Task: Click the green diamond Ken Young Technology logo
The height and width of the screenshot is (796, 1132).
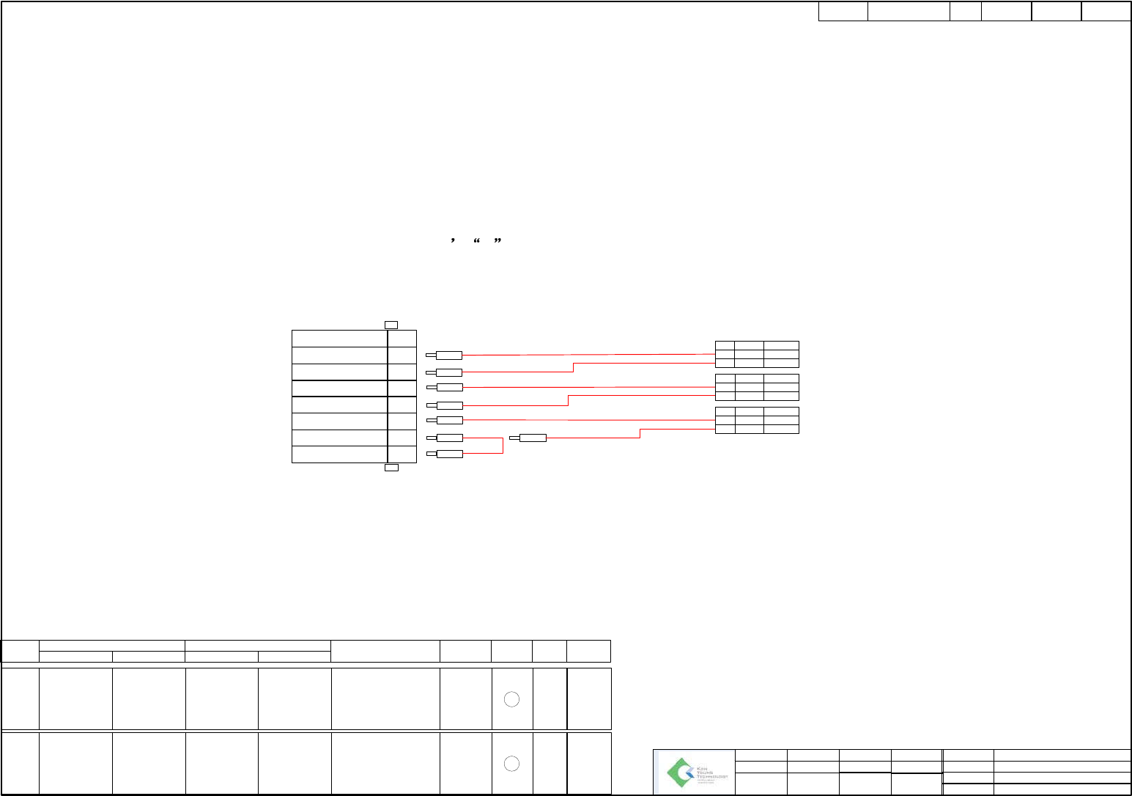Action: click(680, 773)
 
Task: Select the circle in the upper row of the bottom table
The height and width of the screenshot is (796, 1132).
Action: click(512, 699)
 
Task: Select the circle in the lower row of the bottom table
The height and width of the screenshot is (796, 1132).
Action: click(512, 764)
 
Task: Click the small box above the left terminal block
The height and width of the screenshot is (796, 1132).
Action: click(391, 325)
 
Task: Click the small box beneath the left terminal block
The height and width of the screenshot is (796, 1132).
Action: click(391, 468)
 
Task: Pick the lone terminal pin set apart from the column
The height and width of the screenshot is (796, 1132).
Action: click(533, 438)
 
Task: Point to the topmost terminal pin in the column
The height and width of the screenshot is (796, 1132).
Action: click(448, 355)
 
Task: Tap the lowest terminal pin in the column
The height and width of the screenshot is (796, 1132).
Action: click(448, 454)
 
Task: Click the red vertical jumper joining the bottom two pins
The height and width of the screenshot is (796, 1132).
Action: click(503, 446)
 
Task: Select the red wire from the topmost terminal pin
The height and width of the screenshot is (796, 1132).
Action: click(586, 355)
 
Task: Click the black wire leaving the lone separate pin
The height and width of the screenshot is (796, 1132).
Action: click(593, 438)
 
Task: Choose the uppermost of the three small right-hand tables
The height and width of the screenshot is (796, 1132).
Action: click(757, 354)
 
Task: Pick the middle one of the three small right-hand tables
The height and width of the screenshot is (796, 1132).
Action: click(757, 387)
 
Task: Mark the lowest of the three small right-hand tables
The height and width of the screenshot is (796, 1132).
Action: click(757, 420)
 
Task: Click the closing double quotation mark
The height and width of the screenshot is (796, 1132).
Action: click(497, 240)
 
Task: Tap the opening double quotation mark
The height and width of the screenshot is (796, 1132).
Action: click(477, 240)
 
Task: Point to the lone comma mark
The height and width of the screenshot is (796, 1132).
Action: click(454, 240)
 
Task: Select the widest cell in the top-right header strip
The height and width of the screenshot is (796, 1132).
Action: click(909, 12)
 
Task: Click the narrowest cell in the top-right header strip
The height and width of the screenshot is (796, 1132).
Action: click(966, 12)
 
